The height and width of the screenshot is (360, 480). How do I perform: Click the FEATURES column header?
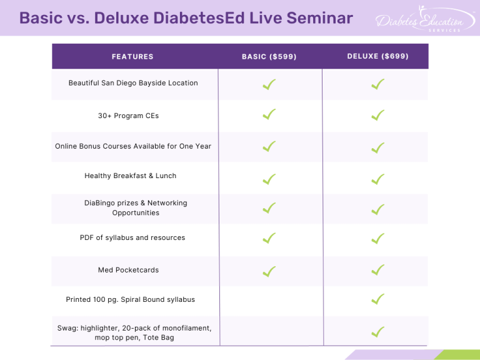tap(132, 57)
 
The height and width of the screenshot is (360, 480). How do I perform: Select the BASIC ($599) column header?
tap(269, 57)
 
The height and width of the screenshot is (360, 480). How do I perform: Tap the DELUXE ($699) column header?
tap(377, 56)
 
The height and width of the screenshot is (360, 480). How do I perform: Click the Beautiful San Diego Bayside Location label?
tap(133, 83)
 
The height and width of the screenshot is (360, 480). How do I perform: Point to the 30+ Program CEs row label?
tap(132, 116)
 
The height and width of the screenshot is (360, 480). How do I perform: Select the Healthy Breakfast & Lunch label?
tap(131, 176)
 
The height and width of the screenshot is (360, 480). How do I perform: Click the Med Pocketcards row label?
tap(129, 270)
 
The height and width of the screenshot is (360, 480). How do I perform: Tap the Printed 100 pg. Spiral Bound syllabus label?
tap(131, 300)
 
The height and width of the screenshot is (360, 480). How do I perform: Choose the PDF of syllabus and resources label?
tap(132, 238)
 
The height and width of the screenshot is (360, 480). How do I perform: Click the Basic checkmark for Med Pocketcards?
tap(269, 271)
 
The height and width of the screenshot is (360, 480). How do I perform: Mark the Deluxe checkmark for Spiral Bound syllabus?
tap(377, 300)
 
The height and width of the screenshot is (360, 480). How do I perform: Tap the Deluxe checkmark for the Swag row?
tap(377, 332)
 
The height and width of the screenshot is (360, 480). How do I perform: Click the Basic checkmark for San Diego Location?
tap(269, 84)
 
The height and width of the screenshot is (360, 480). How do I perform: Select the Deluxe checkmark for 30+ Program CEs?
tap(377, 116)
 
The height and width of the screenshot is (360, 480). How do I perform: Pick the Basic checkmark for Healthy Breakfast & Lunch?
tap(269, 179)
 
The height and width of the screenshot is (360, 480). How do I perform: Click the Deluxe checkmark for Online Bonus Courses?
tap(377, 148)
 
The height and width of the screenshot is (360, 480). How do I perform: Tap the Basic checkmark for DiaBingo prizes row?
tap(269, 209)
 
